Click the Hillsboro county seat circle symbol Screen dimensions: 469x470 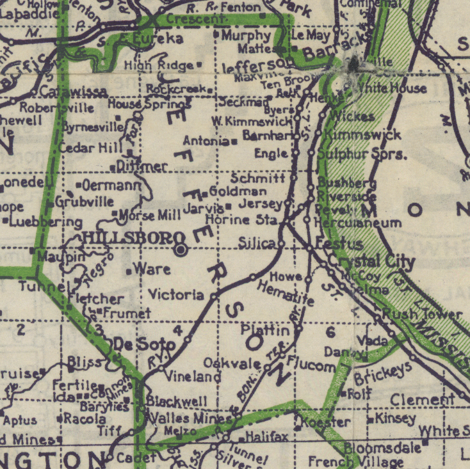(x=182, y=250)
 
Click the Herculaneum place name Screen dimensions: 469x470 (x=359, y=223)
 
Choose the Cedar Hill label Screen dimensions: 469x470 (x=90, y=147)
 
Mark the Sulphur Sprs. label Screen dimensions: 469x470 (x=362, y=154)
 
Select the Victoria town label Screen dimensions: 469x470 (x=176, y=295)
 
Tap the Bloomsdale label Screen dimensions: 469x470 (x=382, y=447)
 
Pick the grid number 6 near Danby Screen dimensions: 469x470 (x=330, y=331)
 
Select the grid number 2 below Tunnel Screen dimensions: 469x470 (x=20, y=330)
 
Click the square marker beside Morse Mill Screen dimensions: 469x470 (x=115, y=214)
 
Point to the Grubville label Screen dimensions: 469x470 (x=85, y=202)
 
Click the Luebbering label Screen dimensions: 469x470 (x=45, y=222)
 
